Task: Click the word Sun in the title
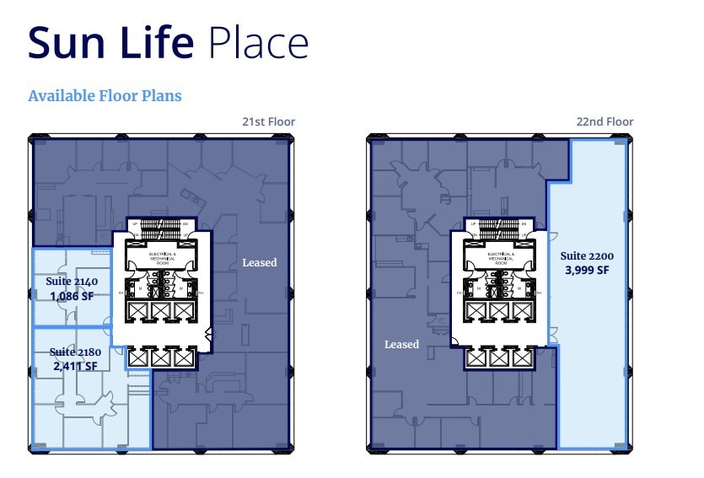tap(67, 42)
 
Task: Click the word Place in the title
tap(257, 42)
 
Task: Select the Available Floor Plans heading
tap(105, 95)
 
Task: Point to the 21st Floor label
tap(268, 122)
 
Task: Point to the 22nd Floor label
tap(605, 122)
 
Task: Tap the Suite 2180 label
tap(73, 352)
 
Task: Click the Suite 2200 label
tap(586, 256)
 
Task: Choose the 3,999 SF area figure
tap(586, 270)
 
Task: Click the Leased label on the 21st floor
tap(259, 263)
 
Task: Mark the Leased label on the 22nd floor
tap(401, 344)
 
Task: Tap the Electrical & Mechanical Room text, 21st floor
tap(162, 256)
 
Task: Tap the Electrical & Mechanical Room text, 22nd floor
tap(500, 256)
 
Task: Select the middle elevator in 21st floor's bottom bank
tap(161, 358)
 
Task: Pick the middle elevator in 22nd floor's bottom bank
tap(499, 358)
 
